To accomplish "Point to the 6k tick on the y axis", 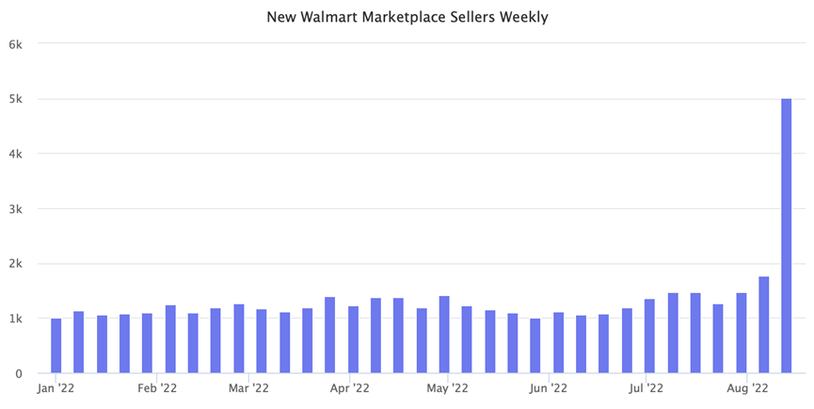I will pos(17,44).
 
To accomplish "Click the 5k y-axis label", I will pos(17,99).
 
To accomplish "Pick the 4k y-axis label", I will pos(17,154).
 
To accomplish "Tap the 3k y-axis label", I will pos(17,208).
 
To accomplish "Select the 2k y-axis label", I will pos(17,264).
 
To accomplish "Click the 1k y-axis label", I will pos(17,319).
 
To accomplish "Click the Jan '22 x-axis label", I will pos(57,387).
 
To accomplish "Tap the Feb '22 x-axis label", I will pos(156,387).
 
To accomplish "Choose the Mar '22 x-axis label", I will pos(248,387).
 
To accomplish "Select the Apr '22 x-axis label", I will pos(349,387).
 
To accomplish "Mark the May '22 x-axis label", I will pos(447,387).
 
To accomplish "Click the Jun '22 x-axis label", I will pos(548,387).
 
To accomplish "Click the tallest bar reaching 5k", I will pos(786,236).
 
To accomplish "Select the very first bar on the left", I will pos(56,346).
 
